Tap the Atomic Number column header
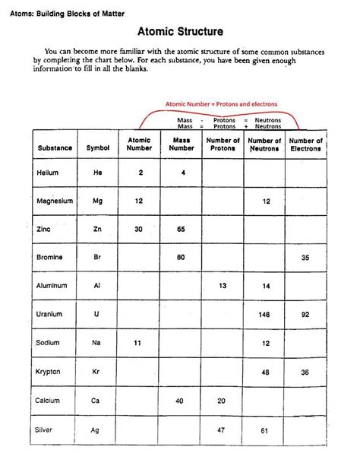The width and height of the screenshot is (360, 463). pyautogui.click(x=140, y=144)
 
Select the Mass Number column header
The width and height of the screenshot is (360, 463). pyautogui.click(x=182, y=144)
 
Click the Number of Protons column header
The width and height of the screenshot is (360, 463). pyautogui.click(x=223, y=144)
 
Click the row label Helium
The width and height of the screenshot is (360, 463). pyautogui.click(x=47, y=173)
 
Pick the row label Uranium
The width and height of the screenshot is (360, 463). pyautogui.click(x=49, y=314)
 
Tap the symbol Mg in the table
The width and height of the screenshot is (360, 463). pyautogui.click(x=97, y=201)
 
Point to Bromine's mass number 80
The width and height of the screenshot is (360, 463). pyautogui.click(x=182, y=257)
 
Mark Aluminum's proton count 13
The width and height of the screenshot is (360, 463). pyautogui.click(x=223, y=286)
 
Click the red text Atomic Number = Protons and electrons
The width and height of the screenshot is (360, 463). pyautogui.click(x=221, y=103)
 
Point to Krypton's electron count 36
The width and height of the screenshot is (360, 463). pyautogui.click(x=305, y=373)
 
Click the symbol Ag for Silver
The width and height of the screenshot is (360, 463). pyautogui.click(x=96, y=429)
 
